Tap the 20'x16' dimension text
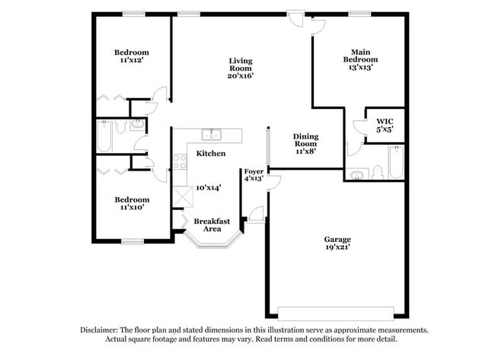[x=241, y=75]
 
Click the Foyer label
[x=254, y=171]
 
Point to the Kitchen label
[x=211, y=154]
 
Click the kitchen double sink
[x=211, y=135]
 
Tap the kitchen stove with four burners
[x=180, y=161]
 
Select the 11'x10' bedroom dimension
[x=131, y=208]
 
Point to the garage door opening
[x=336, y=311]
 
